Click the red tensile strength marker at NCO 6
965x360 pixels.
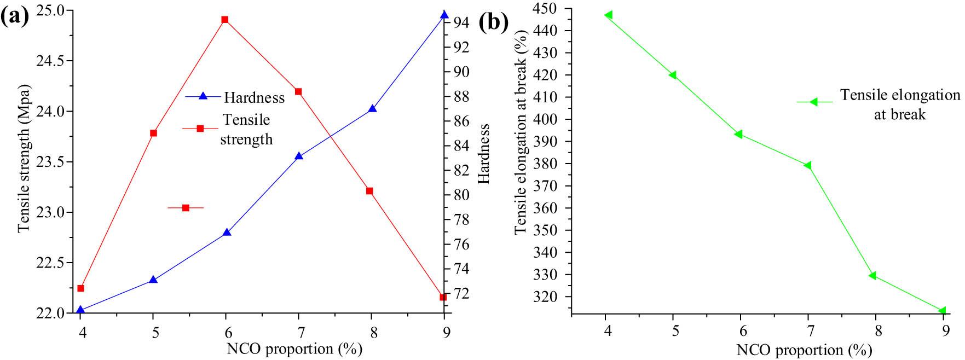coord(225,20)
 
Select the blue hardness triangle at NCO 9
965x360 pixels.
coord(444,15)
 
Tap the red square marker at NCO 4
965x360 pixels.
coord(80,288)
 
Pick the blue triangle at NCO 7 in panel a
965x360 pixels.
coord(298,156)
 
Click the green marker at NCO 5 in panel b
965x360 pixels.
coord(673,75)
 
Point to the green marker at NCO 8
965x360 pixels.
coord(872,275)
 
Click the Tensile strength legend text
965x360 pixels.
coord(246,130)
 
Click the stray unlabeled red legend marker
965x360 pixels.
coord(186,208)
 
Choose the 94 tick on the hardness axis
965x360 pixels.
coord(460,22)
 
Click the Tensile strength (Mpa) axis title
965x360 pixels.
coord(24,159)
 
